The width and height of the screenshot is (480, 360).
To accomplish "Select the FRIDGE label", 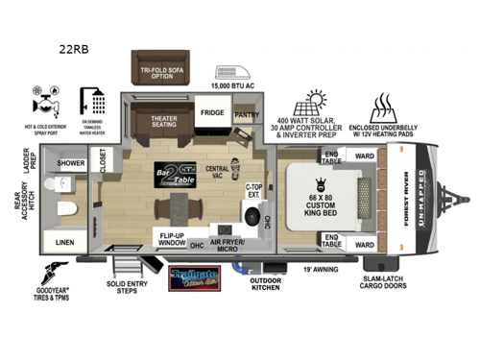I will click(x=212, y=111).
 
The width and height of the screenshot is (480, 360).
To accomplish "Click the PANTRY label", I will click(x=247, y=114).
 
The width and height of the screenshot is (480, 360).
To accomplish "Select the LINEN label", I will click(x=64, y=241).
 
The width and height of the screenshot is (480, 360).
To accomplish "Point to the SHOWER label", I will click(x=72, y=163).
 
